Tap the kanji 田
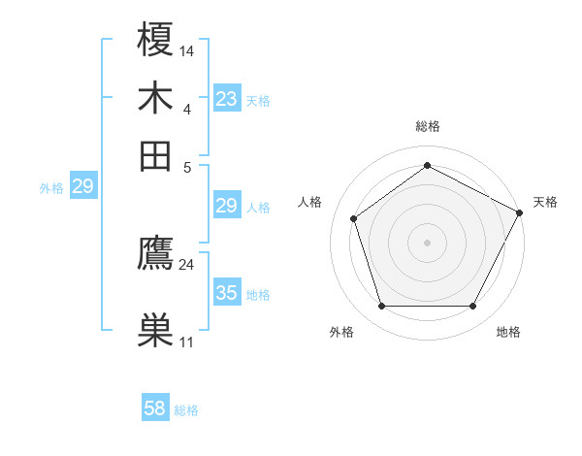tap(155, 155)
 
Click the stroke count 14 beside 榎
tap(187, 49)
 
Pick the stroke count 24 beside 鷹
tap(187, 264)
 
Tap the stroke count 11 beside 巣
tap(187, 342)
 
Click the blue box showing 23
tap(227, 98)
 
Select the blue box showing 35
tap(227, 292)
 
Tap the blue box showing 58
tap(155, 408)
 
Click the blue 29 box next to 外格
tap(82, 186)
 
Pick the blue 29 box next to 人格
tap(227, 205)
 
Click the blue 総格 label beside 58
tap(186, 410)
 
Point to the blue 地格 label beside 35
tap(258, 294)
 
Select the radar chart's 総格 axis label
tap(428, 126)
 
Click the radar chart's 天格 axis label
tap(545, 202)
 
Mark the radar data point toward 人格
tap(354, 218)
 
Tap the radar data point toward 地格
tap(472, 306)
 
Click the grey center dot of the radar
tap(428, 242)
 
